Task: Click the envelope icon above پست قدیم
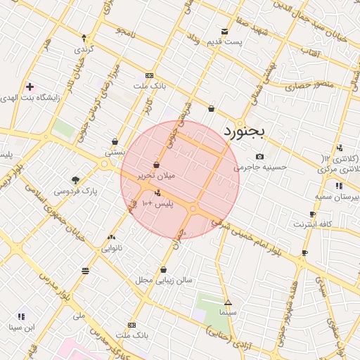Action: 224,31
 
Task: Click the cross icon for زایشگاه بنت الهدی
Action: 30,87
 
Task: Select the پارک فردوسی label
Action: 80,191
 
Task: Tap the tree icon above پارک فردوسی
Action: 76,179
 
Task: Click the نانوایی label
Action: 112,248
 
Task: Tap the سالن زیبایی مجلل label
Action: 164,280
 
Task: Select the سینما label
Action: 227,310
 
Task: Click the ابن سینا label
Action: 20,327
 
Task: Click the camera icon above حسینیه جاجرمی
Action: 259,156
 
